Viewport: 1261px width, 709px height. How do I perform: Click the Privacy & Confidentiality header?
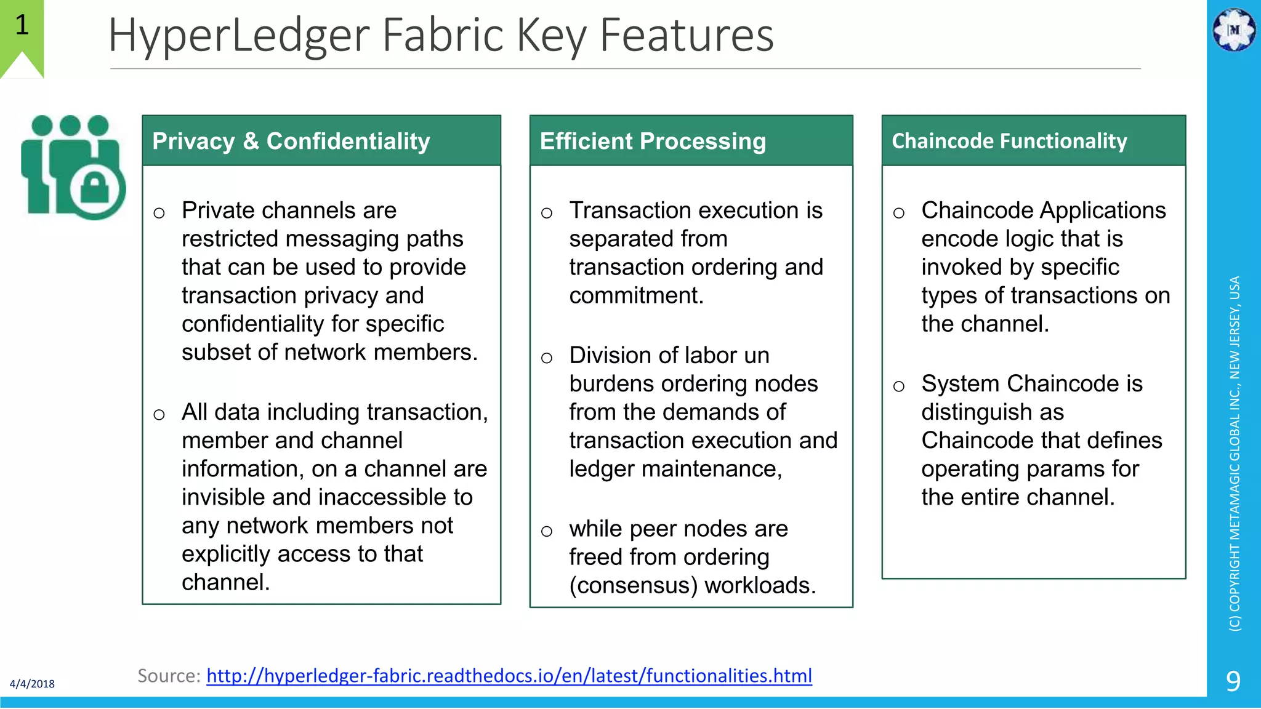tap(291, 141)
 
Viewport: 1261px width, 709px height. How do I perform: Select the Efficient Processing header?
tap(653, 141)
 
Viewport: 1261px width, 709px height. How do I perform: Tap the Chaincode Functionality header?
tap(1009, 141)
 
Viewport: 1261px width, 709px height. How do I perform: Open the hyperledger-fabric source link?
tap(509, 676)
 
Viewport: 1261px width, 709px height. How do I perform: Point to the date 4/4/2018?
tap(32, 684)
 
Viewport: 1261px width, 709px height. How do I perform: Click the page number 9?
tap(1233, 681)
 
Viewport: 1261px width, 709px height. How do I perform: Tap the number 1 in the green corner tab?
tap(22, 25)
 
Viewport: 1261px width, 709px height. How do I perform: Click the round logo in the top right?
tap(1233, 29)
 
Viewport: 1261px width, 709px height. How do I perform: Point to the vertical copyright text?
tap(1235, 453)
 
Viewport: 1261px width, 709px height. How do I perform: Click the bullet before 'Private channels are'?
tap(159, 213)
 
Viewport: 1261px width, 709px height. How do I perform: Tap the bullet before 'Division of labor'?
tap(546, 358)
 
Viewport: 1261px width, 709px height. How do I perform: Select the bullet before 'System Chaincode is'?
tap(898, 386)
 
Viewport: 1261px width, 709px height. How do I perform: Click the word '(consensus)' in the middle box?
tap(633, 585)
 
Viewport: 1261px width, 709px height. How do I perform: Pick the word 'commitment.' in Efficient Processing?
tap(636, 295)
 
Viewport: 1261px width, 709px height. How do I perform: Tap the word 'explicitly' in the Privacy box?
tap(225, 554)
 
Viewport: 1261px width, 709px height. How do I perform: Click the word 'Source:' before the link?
tap(169, 676)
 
